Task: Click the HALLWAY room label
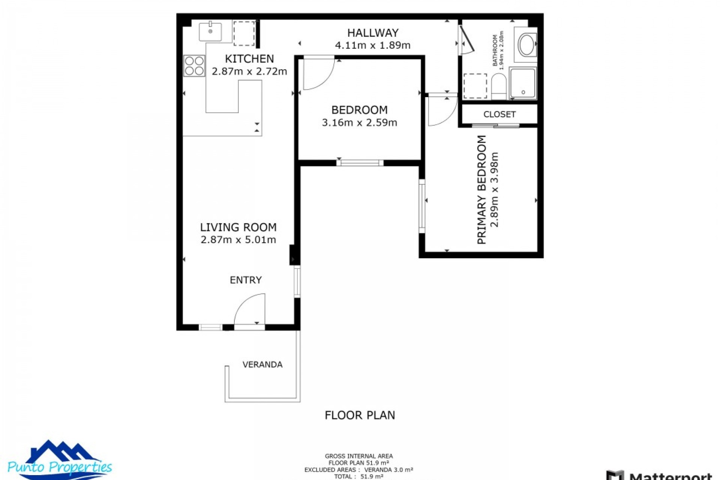click(372, 33)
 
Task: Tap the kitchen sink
click(210, 31)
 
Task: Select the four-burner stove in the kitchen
click(194, 66)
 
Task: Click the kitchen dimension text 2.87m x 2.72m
click(249, 71)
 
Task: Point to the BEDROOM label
click(359, 110)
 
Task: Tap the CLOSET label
click(499, 114)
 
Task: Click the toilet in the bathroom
click(498, 86)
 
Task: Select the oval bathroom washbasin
click(527, 45)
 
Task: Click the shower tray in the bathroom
click(523, 83)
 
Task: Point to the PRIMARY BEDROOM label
click(481, 190)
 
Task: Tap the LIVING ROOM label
click(238, 227)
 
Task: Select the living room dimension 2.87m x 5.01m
click(238, 240)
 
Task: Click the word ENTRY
click(246, 280)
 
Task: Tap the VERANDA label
click(262, 364)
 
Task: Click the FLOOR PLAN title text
click(360, 415)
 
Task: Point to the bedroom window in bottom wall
click(360, 163)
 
